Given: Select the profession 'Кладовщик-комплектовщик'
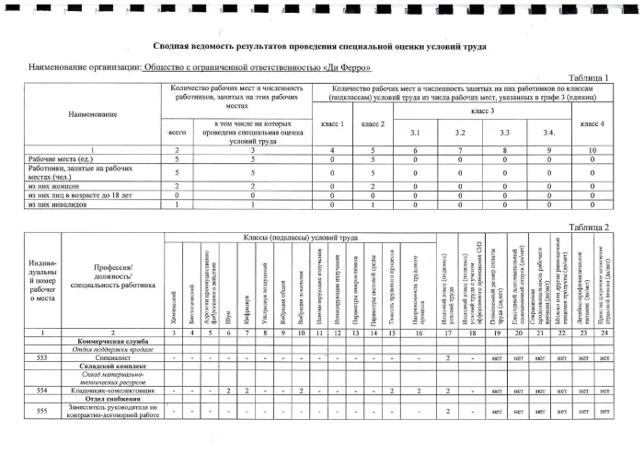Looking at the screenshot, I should (109, 391).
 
